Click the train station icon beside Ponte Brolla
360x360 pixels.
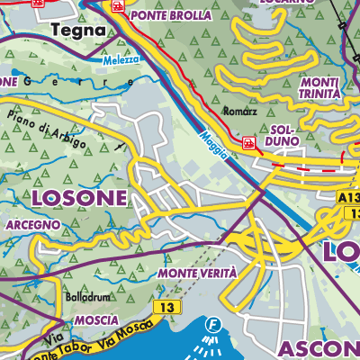117,5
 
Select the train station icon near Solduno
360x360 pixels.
248,141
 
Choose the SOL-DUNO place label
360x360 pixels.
283,136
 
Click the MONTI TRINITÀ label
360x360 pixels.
318,88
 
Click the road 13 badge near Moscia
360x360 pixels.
163,308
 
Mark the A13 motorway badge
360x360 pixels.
348,196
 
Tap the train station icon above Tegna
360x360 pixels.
37,3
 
